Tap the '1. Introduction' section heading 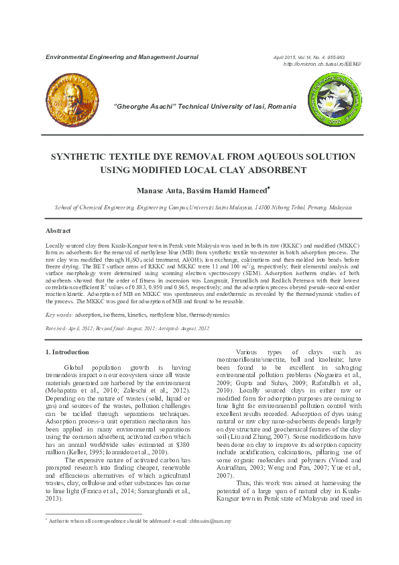click(66, 352)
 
